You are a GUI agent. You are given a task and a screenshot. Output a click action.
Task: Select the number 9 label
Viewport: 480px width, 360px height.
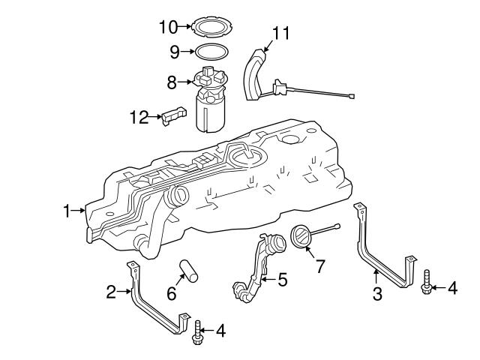174,52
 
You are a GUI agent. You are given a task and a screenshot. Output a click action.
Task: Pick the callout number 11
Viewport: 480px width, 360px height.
281,33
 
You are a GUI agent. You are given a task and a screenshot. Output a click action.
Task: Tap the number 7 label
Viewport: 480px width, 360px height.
320,266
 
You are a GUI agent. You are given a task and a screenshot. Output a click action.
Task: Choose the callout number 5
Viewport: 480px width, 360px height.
282,279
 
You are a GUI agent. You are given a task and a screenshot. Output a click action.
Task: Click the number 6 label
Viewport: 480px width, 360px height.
172,294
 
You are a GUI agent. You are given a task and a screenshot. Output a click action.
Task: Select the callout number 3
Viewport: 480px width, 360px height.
378,294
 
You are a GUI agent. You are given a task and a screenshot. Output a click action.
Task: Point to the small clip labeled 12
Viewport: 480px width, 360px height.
174,116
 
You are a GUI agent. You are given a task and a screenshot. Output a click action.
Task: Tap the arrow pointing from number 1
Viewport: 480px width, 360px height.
80,211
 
